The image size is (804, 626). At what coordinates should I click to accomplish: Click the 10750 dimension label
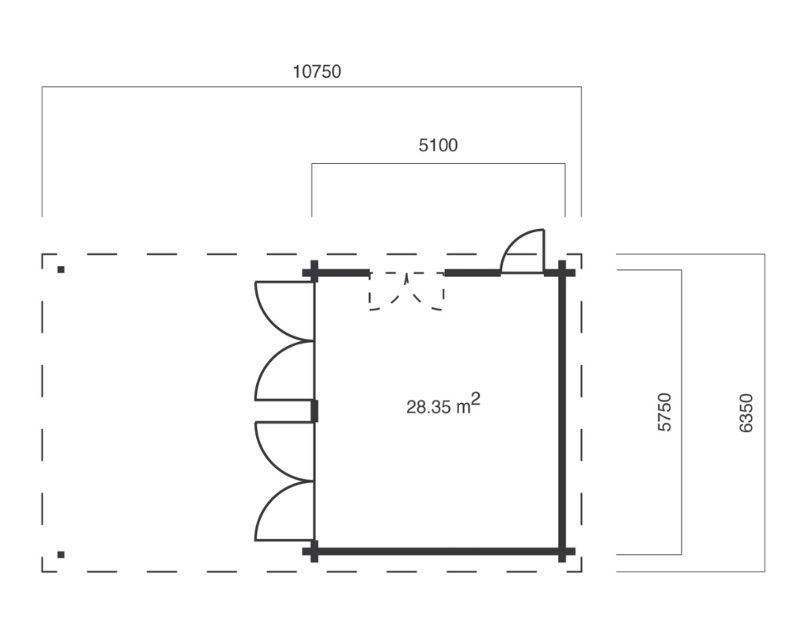317,71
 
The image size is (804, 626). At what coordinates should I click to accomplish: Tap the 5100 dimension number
438,145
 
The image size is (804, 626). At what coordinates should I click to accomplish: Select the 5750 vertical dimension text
665,412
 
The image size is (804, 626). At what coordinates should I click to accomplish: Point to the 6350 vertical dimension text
746,413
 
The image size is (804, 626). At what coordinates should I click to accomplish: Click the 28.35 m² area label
443,404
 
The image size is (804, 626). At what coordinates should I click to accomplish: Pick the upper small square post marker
61,269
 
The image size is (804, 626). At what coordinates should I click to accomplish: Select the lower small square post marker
61,554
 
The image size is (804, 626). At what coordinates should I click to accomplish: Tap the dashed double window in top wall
407,291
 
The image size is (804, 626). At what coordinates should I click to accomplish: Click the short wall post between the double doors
314,411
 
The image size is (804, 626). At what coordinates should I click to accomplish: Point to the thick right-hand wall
562,412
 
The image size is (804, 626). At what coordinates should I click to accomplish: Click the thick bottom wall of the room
438,552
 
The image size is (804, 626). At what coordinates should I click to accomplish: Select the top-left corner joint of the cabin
314,272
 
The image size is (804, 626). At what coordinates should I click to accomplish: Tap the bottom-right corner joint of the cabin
562,552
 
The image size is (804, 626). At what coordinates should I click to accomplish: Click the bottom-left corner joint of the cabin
314,552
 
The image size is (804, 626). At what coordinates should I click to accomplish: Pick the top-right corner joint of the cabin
562,272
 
